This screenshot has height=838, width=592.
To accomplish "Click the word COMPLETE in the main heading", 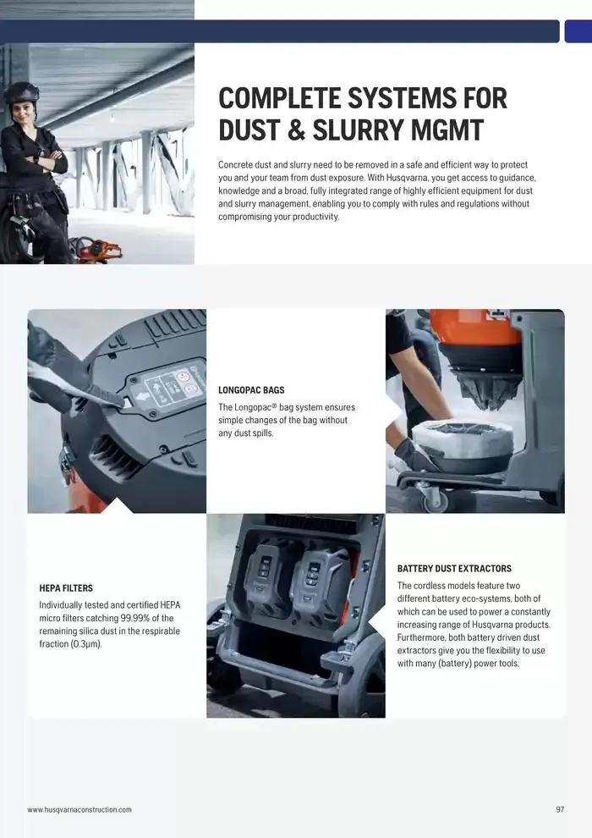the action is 279,98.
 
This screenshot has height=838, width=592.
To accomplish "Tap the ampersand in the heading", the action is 296,130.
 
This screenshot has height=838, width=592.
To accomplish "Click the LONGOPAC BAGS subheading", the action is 251,390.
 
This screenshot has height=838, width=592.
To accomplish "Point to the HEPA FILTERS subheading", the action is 66,588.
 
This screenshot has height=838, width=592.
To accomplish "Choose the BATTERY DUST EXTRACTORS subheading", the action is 454,569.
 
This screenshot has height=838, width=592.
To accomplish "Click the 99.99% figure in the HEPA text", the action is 134,619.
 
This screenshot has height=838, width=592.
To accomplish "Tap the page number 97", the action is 560,810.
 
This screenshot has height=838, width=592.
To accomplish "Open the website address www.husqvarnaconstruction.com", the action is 79,810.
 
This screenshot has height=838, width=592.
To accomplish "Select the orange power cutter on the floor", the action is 96,250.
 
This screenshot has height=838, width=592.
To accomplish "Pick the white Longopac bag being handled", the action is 463,443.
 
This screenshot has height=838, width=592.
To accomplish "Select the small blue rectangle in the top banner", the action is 578,31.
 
